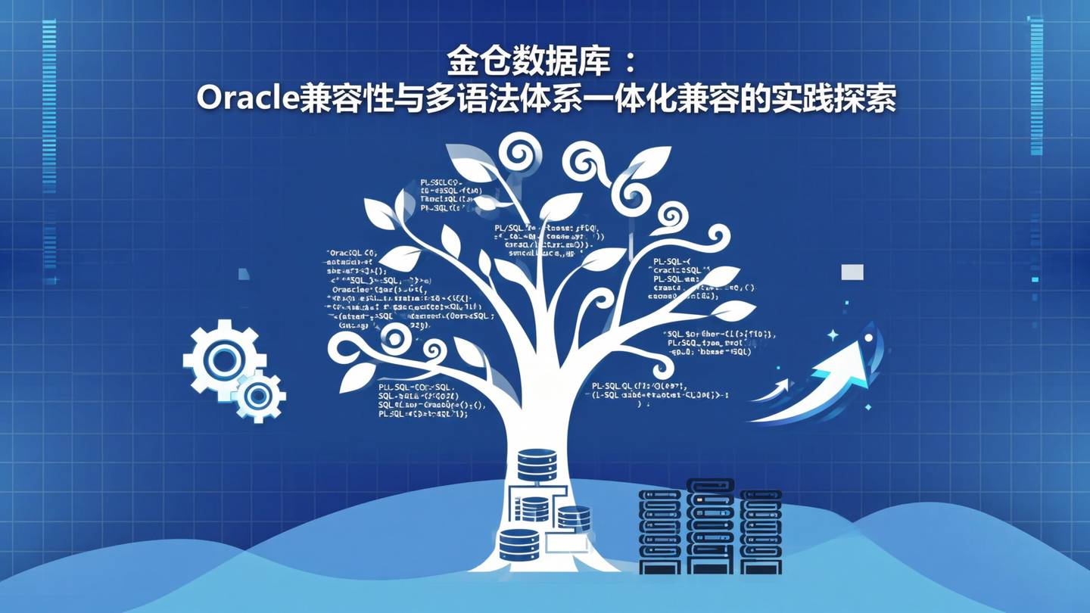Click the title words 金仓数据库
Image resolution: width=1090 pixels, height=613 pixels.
click(x=528, y=63)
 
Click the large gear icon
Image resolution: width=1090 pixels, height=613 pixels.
click(x=223, y=360)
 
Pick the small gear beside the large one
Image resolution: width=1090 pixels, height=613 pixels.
click(x=259, y=395)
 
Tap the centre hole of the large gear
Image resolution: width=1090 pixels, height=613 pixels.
click(x=223, y=360)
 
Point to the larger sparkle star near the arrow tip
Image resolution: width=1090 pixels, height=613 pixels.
click(x=833, y=335)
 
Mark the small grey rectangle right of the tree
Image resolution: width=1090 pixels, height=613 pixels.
click(x=852, y=272)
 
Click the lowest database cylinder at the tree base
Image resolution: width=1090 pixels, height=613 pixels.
click(x=519, y=544)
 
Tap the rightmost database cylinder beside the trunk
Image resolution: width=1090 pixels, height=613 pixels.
click(x=573, y=518)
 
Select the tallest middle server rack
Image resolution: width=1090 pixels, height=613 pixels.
click(x=710, y=526)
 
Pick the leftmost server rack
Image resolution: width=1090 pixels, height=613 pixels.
click(x=660, y=532)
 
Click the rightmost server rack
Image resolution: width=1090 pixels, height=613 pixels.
click(x=761, y=532)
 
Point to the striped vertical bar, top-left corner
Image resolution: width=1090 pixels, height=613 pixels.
click(x=49, y=106)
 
